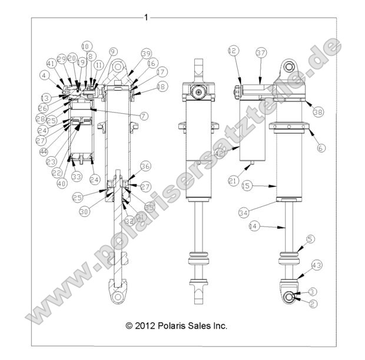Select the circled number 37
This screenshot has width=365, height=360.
[x=261, y=52]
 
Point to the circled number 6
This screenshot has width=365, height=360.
[x=320, y=148]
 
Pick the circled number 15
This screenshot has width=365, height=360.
[x=247, y=186]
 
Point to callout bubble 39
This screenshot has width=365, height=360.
[x=145, y=54]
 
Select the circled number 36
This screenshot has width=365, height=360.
[x=145, y=167]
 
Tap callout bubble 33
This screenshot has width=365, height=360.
[x=77, y=176]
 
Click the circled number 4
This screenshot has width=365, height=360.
[x=45, y=75]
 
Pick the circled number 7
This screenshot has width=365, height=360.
[x=144, y=116]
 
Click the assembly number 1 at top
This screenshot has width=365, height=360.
[x=146, y=18]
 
